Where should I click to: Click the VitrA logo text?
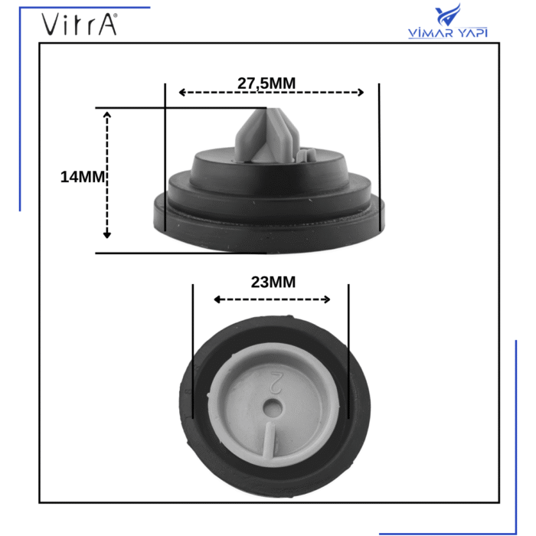pyautogui.click(x=79, y=25)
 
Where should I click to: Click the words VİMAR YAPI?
pyautogui.click(x=449, y=34)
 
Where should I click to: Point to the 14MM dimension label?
pyautogui.click(x=82, y=177)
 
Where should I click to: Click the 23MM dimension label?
pyautogui.click(x=273, y=282)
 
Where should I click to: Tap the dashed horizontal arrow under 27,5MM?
pyautogui.click(x=271, y=93)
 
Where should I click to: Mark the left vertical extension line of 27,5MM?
pyautogui.click(x=165, y=153)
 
